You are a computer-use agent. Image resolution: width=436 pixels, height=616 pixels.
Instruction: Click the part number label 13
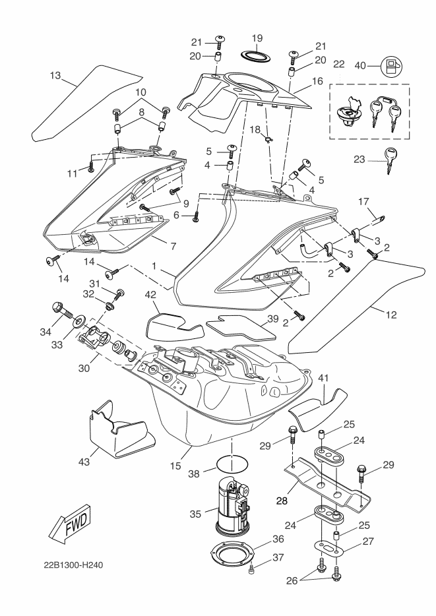click(57, 76)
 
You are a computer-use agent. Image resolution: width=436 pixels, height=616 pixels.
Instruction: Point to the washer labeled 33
click(78, 322)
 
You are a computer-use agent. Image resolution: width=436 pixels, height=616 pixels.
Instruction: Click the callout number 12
click(391, 315)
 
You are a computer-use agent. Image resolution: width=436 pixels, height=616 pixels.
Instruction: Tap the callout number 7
click(173, 247)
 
